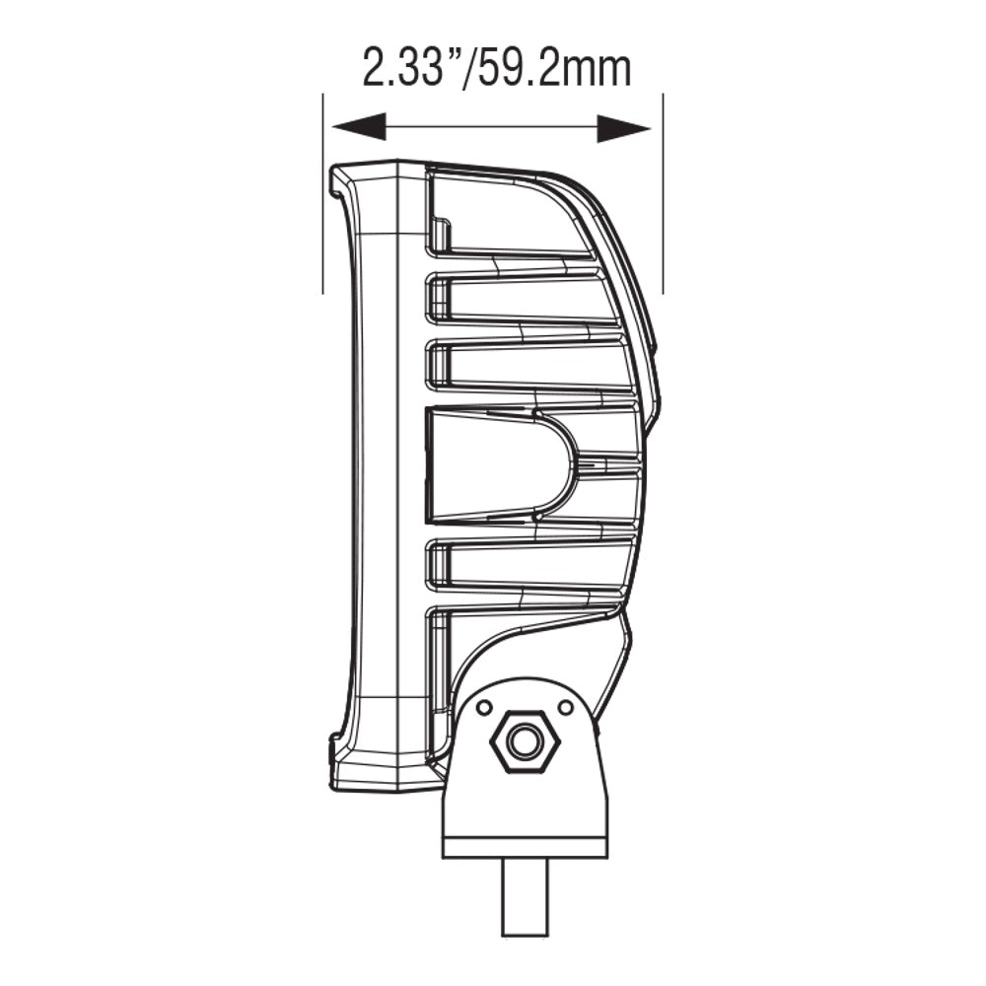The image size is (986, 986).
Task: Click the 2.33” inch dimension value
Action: click(x=405, y=69)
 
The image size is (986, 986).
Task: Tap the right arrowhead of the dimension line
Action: click(x=624, y=127)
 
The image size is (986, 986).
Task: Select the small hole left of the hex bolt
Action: click(x=483, y=708)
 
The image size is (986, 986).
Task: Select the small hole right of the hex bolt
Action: click(x=565, y=708)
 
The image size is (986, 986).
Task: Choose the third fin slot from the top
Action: click(x=528, y=365)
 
